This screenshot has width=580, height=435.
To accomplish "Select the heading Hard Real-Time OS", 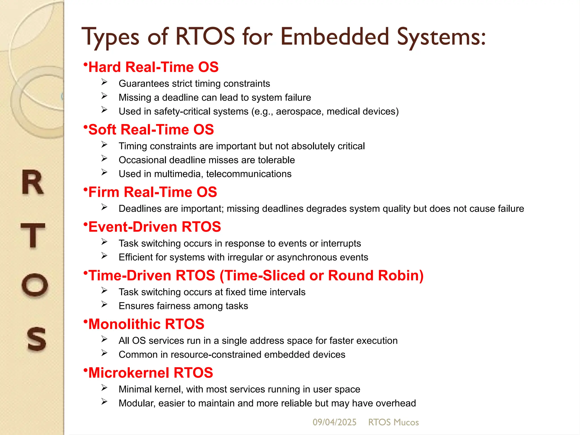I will coord(153,67).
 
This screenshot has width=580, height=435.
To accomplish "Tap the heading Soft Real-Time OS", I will coord(151,130).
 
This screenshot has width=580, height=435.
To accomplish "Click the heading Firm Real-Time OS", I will coord(153,192).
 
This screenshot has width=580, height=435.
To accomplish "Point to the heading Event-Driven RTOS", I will coord(155,227).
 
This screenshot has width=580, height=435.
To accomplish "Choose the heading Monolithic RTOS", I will coord(146,324).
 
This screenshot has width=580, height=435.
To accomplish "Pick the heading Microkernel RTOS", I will coord(150,373).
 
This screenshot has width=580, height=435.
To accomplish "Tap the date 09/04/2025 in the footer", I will coord(334,422).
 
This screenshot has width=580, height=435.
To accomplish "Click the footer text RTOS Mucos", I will coord(393,422).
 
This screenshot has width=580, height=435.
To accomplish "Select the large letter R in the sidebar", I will coord(33,183).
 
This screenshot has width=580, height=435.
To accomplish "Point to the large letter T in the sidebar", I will coord(33,235).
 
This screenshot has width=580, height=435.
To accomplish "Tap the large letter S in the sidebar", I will coord(36,339).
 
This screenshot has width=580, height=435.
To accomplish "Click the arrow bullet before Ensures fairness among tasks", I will coord(104,304).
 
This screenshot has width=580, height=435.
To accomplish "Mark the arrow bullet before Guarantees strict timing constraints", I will coord(104,82).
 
